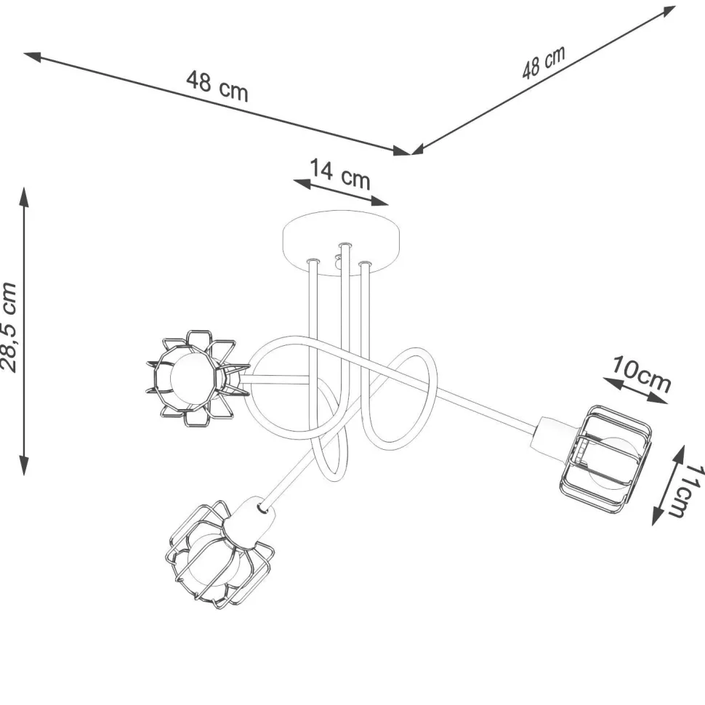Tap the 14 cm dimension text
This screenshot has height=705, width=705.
pyautogui.click(x=340, y=174)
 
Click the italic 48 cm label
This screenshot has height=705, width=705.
pyautogui.click(x=543, y=63)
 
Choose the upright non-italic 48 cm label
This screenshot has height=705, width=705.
pyautogui.click(x=217, y=86)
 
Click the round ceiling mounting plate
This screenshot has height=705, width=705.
pyautogui.click(x=342, y=242)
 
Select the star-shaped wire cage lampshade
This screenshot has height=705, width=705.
pyautogui.click(x=196, y=379)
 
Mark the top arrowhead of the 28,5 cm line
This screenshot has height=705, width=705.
pyautogui.click(x=24, y=198)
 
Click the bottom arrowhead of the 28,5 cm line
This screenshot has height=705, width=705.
pyautogui.click(x=24, y=465)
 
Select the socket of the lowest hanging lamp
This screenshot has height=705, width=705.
pyautogui.click(x=250, y=523)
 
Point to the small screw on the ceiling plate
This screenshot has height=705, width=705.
pyautogui.click(x=338, y=257)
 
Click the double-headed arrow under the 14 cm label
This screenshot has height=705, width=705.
pyautogui.click(x=341, y=193)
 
